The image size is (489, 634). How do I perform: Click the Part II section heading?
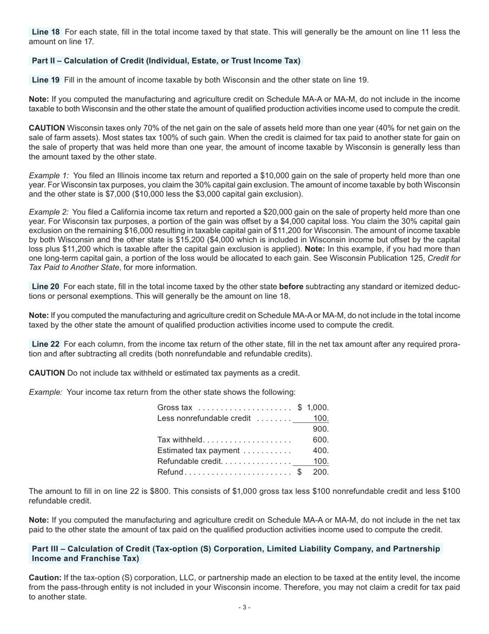coord(166,61)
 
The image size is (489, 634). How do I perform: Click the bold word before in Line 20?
coord(291,286)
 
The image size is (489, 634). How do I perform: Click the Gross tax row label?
coord(174,408)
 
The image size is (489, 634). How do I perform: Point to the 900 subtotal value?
coord(320,429)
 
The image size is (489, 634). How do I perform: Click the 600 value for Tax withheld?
coord(320,440)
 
